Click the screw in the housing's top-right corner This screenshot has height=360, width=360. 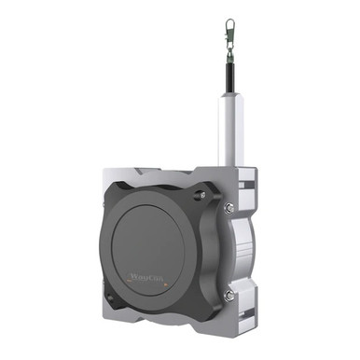coord(199,198)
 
